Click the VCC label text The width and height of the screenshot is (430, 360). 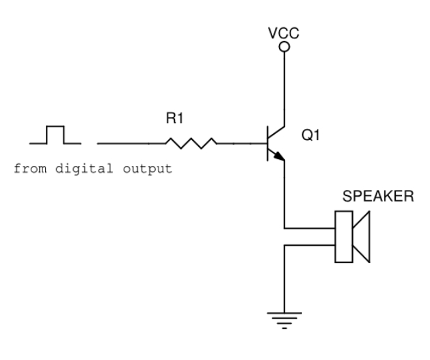pyautogui.click(x=284, y=33)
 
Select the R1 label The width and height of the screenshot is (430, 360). pyautogui.click(x=174, y=118)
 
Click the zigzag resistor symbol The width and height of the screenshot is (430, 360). pyautogui.click(x=191, y=143)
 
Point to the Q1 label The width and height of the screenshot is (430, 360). pyautogui.click(x=310, y=135)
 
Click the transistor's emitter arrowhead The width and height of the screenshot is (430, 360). pyautogui.click(x=280, y=156)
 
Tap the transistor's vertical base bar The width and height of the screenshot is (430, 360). pyautogui.click(x=268, y=143)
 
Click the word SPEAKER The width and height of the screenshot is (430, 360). pyautogui.click(x=378, y=196)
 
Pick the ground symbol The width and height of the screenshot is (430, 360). pyautogui.click(x=284, y=320)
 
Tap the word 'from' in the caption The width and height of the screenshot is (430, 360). pyautogui.click(x=30, y=169)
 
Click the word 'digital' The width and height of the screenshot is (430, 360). pyautogui.click(x=84, y=169)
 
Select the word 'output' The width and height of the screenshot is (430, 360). pyautogui.click(x=148, y=169)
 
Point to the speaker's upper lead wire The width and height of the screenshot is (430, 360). pyautogui.click(x=309, y=228)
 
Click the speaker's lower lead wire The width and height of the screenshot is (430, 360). pyautogui.click(x=309, y=245)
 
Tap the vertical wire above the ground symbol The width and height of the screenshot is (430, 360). pyautogui.click(x=284, y=279)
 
